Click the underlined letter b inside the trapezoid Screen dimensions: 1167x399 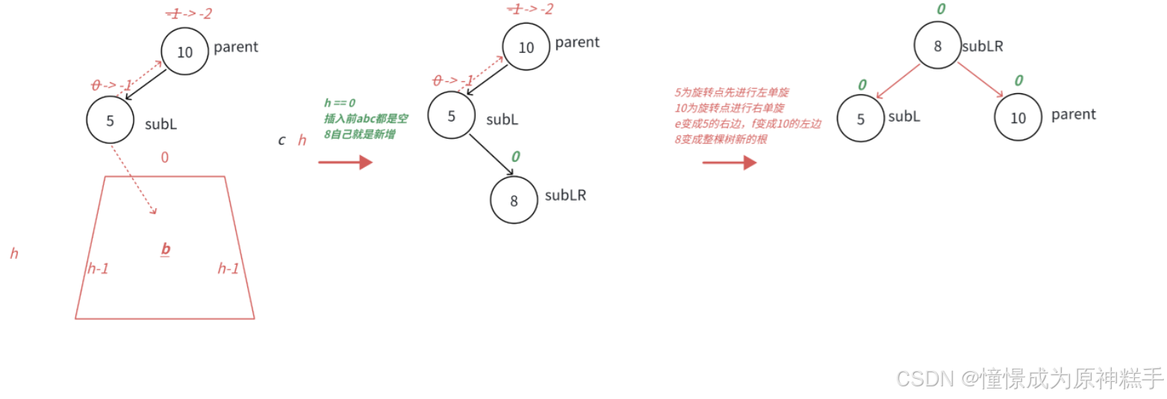[x=166, y=249]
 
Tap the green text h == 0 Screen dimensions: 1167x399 [x=340, y=103]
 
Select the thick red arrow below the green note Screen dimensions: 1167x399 [x=345, y=162]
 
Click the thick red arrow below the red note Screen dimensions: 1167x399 [x=729, y=162]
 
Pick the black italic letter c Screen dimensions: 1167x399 [x=281, y=140]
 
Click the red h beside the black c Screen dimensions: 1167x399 [x=302, y=140]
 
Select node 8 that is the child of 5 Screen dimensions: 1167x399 [x=514, y=200]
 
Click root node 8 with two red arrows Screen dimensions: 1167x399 [x=938, y=46]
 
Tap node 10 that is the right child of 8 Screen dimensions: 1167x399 [x=1018, y=118]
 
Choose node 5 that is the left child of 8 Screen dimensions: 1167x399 [x=860, y=118]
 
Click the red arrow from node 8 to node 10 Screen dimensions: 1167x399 [x=980, y=79]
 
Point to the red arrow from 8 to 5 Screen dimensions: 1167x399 [x=898, y=81]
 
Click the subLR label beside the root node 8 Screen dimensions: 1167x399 [x=982, y=46]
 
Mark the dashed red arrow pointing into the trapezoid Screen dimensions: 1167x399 [x=134, y=180]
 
